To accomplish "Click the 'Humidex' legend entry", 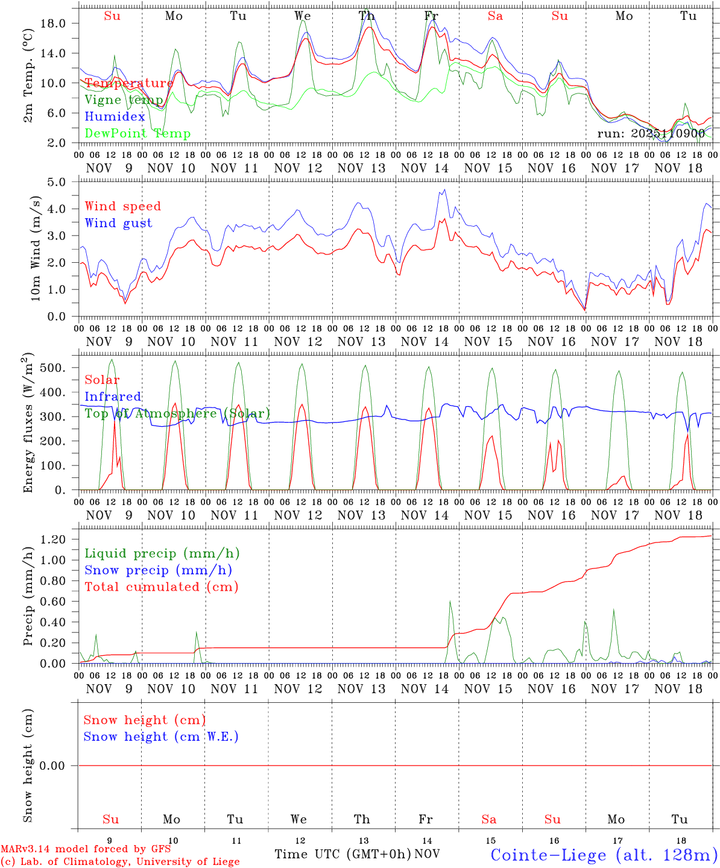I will pos(115,117).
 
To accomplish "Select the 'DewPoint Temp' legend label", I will pos(137,134).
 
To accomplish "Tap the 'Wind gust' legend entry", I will pos(118,223).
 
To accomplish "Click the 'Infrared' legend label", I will pos(113,397).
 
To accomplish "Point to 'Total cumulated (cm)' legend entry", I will pos(161,587).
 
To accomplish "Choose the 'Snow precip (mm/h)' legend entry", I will pos(158,570).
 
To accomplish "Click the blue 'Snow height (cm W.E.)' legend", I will pos(161,737).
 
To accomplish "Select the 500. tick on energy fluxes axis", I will pos(60,368).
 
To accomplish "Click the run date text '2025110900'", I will pos(668,134).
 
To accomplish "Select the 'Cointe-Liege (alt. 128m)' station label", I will pos(604,854).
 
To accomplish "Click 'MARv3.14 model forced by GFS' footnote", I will pos(86,849).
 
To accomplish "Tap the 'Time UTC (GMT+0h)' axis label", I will pos(343,854).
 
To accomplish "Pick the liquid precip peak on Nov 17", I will pos(614,609).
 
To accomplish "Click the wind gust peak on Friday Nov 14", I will pos(444,189).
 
